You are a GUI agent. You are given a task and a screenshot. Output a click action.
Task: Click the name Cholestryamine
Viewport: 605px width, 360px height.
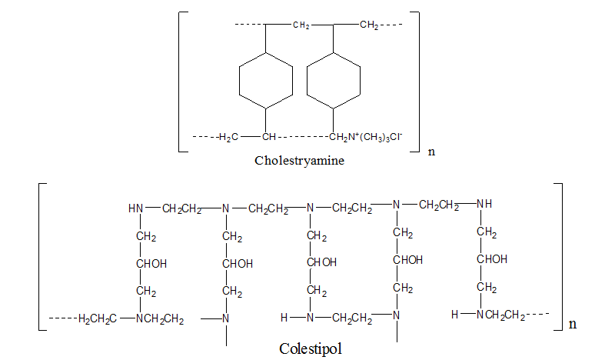300,162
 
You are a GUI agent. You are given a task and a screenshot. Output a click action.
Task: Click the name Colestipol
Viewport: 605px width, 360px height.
310,348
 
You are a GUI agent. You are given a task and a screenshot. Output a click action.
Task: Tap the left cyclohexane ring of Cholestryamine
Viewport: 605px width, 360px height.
265,81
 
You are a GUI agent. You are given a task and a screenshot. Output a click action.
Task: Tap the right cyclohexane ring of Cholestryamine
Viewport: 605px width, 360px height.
333,81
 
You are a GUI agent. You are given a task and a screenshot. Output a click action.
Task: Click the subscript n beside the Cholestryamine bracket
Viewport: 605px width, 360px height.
430,151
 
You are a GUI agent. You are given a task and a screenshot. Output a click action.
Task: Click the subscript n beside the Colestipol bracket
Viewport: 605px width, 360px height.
572,325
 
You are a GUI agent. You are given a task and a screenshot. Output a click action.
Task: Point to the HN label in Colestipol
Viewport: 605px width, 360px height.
136,208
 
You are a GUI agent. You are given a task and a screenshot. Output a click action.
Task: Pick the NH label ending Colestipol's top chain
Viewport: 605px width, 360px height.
484,204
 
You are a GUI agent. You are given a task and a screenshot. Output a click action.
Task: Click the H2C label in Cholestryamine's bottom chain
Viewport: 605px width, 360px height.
228,138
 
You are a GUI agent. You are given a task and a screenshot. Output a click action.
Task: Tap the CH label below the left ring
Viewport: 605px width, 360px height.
268,138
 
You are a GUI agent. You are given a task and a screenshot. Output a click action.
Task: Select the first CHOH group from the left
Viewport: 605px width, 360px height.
151,264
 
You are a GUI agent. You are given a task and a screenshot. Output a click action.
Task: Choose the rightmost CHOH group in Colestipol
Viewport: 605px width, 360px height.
491,259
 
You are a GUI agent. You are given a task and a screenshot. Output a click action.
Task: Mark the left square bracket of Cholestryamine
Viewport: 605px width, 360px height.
182,82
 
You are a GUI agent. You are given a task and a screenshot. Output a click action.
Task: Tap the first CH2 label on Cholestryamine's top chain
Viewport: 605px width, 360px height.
301,26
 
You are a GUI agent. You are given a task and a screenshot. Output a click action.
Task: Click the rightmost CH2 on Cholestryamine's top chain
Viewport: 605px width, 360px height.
368,26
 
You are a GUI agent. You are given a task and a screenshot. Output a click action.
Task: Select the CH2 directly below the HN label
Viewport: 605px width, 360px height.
145,236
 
